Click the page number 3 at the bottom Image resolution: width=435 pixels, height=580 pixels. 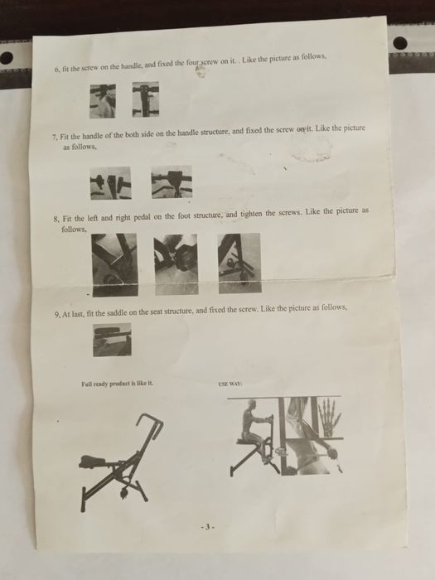pyautogui.click(x=207, y=527)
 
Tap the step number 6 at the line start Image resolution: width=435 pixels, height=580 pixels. pyautogui.click(x=56, y=69)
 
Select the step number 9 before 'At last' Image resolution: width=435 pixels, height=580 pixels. pyautogui.click(x=57, y=315)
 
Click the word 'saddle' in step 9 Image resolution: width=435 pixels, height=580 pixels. pyautogui.click(x=116, y=313)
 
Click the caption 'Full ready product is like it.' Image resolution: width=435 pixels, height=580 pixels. pyautogui.click(x=117, y=384)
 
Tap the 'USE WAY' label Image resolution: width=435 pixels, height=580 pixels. pyautogui.click(x=230, y=384)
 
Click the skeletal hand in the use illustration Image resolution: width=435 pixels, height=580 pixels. pyautogui.click(x=329, y=416)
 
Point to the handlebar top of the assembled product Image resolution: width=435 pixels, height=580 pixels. pyautogui.click(x=150, y=418)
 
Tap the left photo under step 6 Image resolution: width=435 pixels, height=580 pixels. pyautogui.click(x=103, y=101)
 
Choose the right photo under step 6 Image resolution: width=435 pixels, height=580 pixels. pyautogui.click(x=146, y=99)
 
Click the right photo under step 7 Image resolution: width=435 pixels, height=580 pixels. pyautogui.click(x=172, y=181)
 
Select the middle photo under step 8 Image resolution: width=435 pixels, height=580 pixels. pyautogui.click(x=176, y=264)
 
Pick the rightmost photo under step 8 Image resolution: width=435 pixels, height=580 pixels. pyautogui.click(x=239, y=263)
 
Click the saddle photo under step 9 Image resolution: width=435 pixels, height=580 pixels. pyautogui.click(x=112, y=340)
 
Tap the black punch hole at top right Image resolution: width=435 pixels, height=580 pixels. pyautogui.click(x=400, y=43)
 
